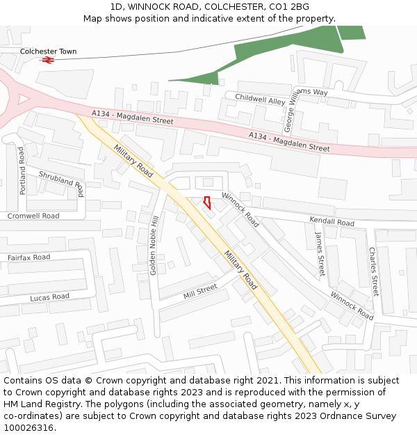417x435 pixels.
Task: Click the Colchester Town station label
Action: [48, 52]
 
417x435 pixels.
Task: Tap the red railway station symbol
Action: [48, 61]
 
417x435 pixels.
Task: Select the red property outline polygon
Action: [206, 203]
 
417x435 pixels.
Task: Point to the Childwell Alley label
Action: [260, 100]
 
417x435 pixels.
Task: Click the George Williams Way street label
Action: [290, 111]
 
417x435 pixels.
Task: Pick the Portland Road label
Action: [22, 171]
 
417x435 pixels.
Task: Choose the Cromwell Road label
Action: [33, 216]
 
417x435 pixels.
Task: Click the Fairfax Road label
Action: [29, 258]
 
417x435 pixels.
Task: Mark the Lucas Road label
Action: [49, 297]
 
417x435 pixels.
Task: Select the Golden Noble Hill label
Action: [154, 245]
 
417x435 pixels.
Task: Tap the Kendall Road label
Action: [332, 221]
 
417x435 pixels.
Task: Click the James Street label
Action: [320, 255]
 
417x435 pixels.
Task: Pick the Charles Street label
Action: [374, 271]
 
